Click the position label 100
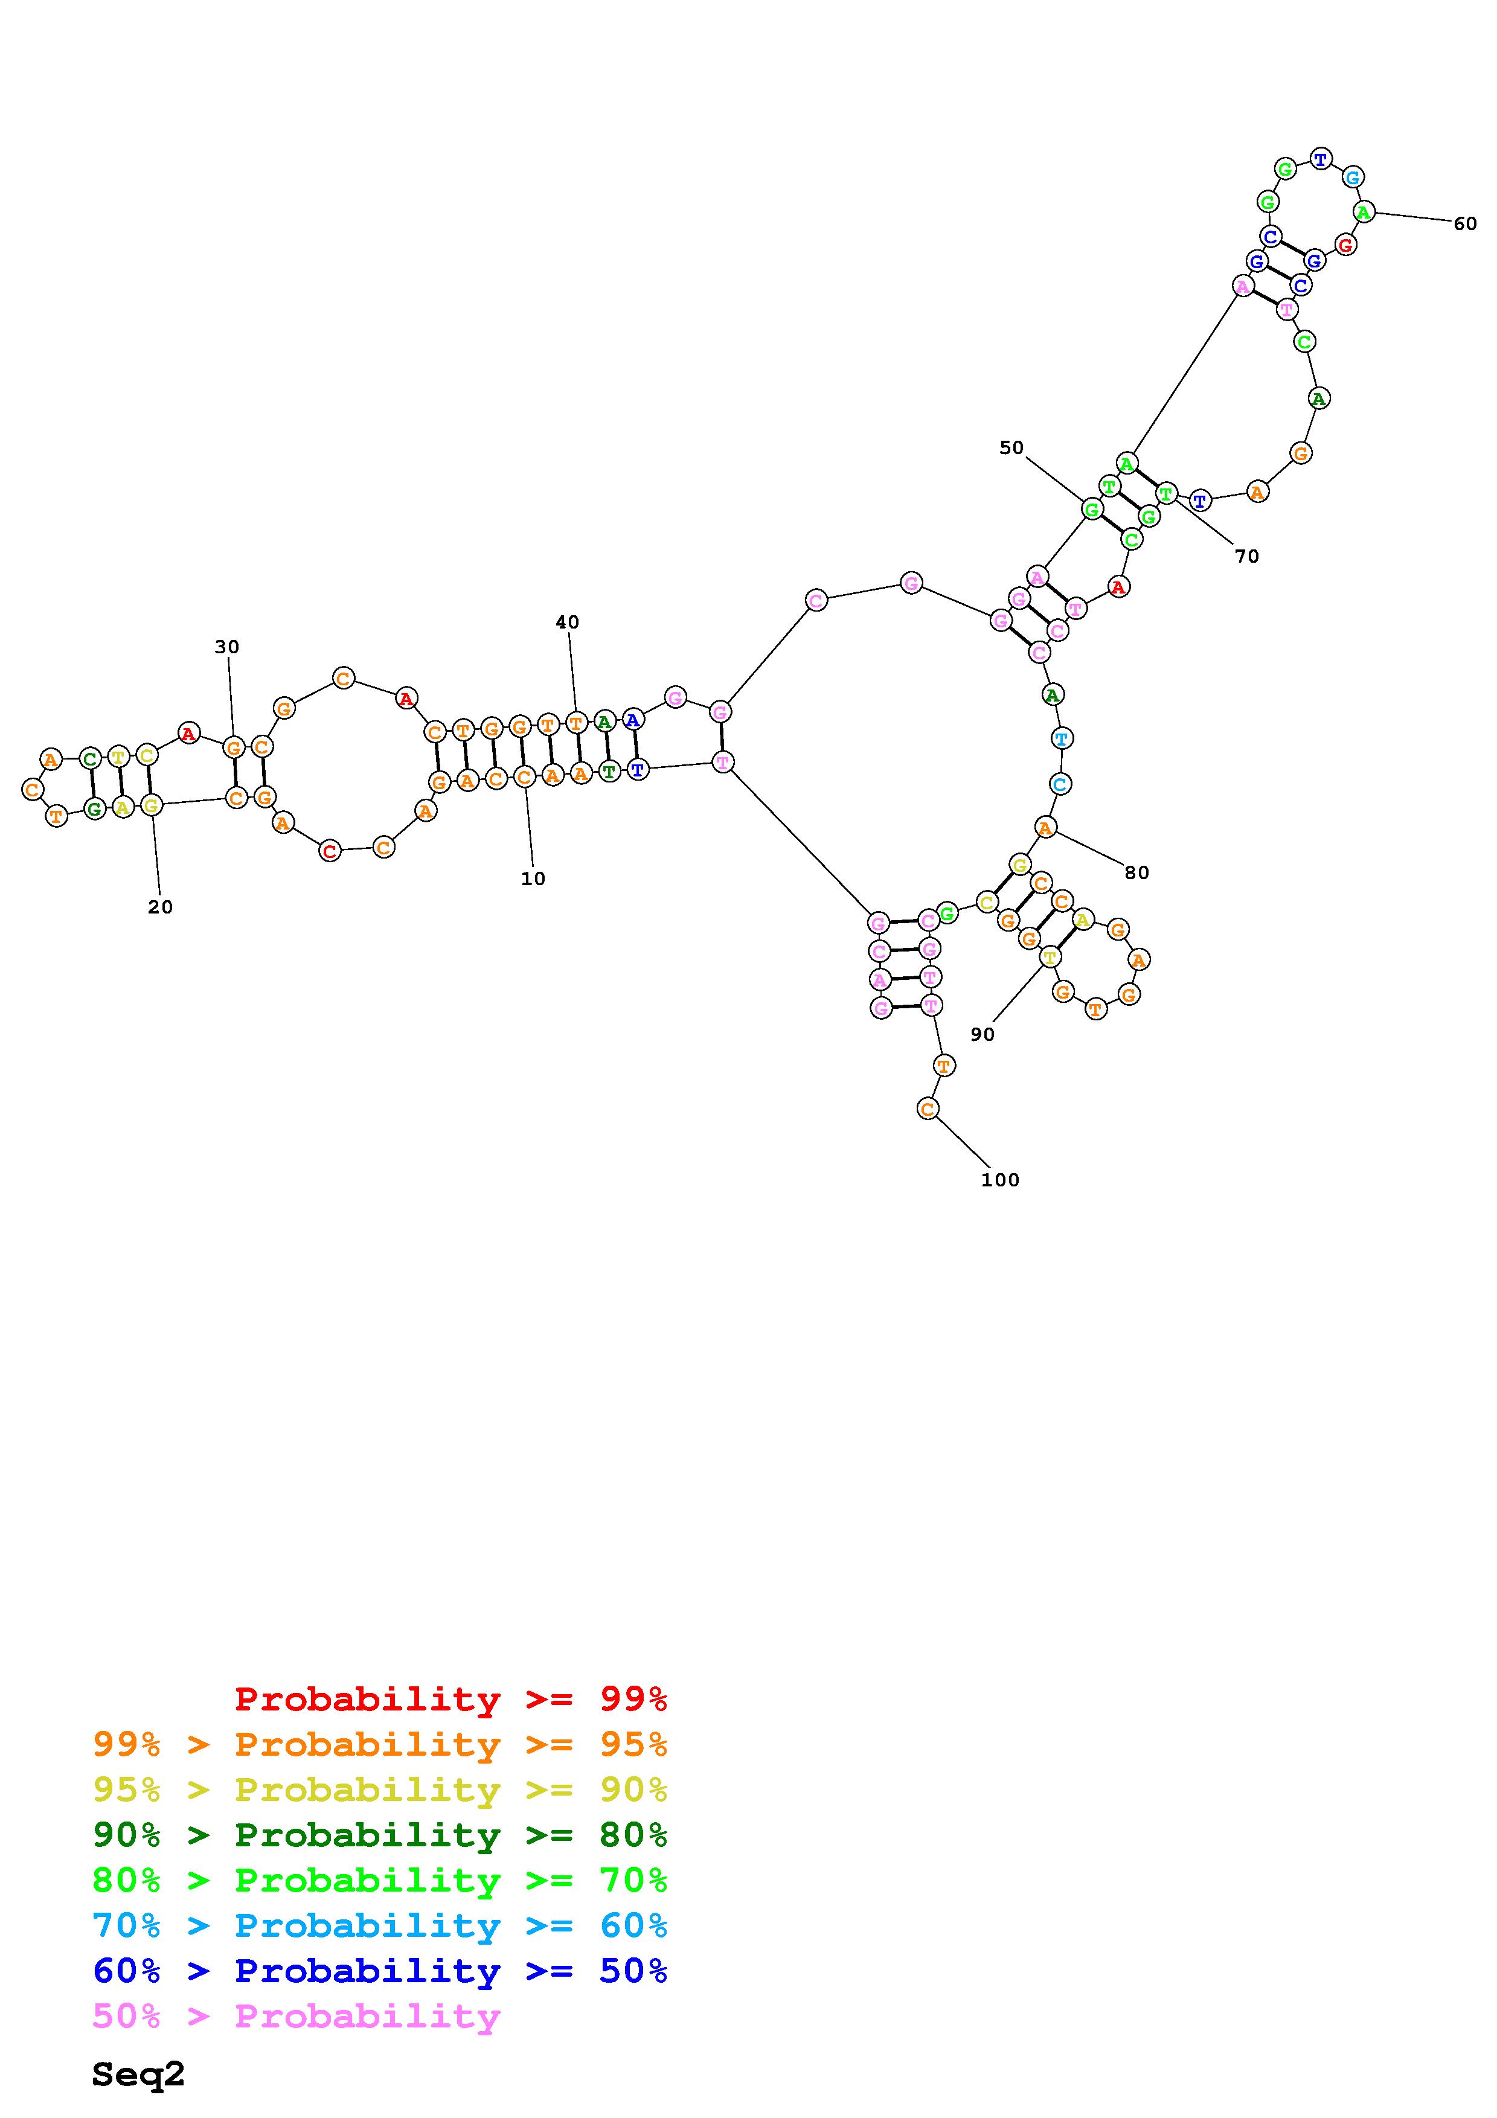1000,1180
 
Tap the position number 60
1465,223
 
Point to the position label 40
567,622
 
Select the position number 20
161,907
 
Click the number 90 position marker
983,1035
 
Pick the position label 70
1246,556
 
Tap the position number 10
533,879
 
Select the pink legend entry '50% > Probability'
296,2015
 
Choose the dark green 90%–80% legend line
380,1835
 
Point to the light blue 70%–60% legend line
380,1925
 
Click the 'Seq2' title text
138,2075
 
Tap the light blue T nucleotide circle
1062,738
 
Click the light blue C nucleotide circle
1060,784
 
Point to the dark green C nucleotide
89,759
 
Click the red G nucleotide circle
1346,245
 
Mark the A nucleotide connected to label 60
1364,212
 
